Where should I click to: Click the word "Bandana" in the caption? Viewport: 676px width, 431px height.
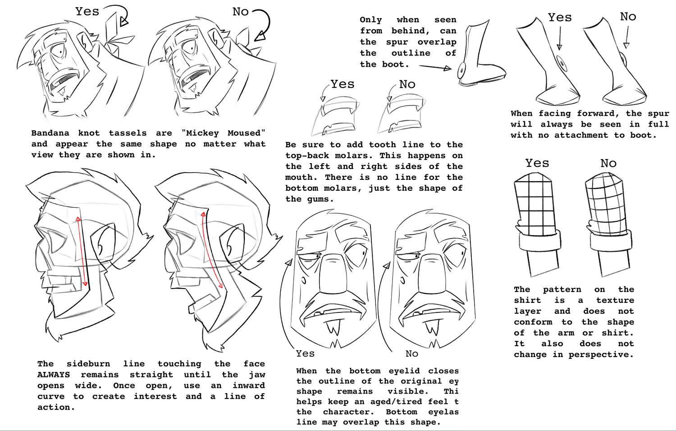click(x=50, y=133)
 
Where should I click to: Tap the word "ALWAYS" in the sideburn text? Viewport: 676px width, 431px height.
click(x=54, y=375)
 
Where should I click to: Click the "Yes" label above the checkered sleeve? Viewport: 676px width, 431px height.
click(x=537, y=163)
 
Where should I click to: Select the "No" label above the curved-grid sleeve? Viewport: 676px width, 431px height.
click(x=608, y=163)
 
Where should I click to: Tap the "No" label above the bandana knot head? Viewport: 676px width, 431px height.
click(x=241, y=12)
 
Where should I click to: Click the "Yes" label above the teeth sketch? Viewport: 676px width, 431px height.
click(x=342, y=84)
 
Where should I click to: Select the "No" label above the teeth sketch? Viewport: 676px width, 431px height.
click(x=407, y=84)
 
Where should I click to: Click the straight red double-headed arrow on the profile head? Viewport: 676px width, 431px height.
click(x=82, y=252)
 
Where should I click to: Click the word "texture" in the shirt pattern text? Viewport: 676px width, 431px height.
click(x=615, y=300)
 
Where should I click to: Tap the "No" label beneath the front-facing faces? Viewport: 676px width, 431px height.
click(x=412, y=353)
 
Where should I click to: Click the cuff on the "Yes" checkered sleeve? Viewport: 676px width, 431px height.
click(x=539, y=242)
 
